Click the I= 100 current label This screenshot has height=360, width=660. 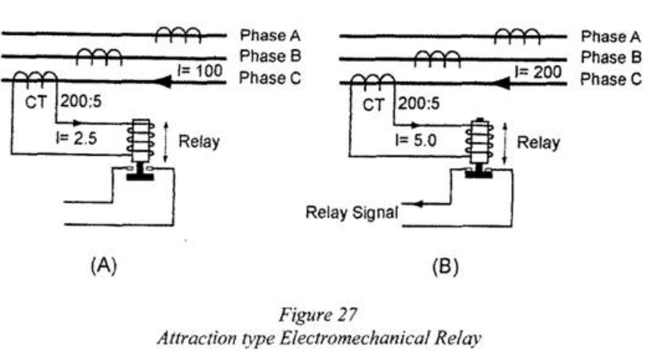pyautogui.click(x=202, y=71)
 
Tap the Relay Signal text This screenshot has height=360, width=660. pyautogui.click(x=351, y=212)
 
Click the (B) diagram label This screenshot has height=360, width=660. pyautogui.click(x=445, y=267)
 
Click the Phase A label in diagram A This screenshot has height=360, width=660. pyautogui.click(x=269, y=36)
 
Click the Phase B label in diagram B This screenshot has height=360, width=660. pyautogui.click(x=610, y=57)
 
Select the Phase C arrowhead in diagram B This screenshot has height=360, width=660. pyautogui.click(x=503, y=83)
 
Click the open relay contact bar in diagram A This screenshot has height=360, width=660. pyautogui.click(x=140, y=176)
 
